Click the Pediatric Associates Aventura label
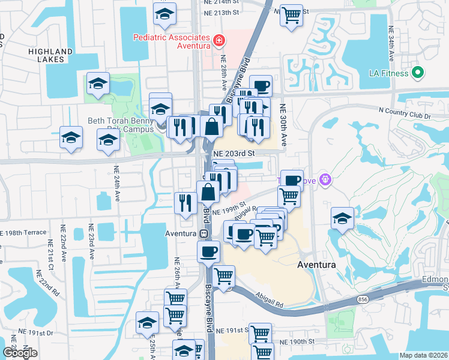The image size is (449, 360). [171, 41]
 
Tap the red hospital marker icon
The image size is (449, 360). [219, 40]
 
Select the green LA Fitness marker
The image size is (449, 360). [418, 74]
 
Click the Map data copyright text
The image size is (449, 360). [423, 355]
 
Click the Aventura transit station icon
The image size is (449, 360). [203, 233]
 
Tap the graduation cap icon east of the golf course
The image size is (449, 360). [342, 218]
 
